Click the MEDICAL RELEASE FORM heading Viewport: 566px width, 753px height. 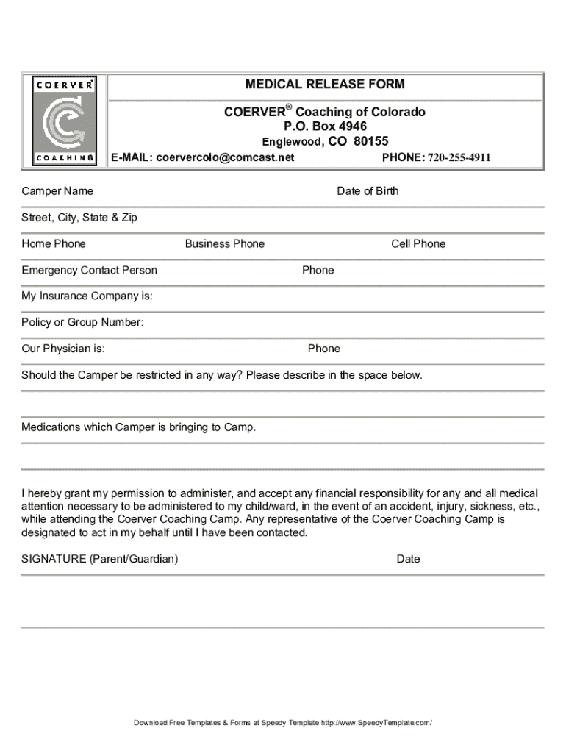[324, 85]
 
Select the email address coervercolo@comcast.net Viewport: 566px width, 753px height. [225, 157]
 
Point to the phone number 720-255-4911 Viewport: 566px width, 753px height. [456, 157]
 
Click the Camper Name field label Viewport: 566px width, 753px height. [57, 191]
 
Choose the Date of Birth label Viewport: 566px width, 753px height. [368, 191]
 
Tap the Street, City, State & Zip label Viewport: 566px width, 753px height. [79, 218]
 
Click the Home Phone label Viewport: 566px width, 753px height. [54, 244]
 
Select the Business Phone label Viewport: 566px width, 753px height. [225, 244]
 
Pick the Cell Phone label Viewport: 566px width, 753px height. [418, 244]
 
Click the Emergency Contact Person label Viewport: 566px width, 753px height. [89, 271]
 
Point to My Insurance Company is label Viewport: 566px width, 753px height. [87, 296]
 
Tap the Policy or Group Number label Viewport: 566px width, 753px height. [82, 323]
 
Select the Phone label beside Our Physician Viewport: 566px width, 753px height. [323, 349]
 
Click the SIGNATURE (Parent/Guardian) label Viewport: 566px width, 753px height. [99, 559]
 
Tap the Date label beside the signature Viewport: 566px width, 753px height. [408, 559]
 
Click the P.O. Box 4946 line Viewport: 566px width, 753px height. [325, 126]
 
